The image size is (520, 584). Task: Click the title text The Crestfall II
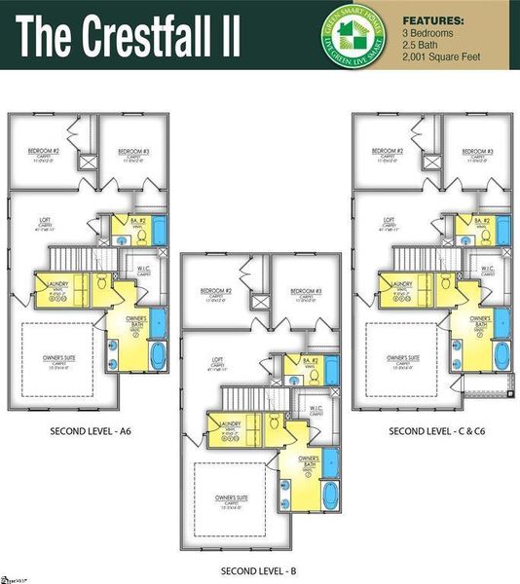click(x=129, y=35)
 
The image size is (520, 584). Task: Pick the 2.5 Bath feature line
click(x=421, y=44)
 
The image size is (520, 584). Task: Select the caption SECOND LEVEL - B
click(x=259, y=569)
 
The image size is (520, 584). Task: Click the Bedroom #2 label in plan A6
click(x=41, y=152)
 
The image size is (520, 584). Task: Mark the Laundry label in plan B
click(x=231, y=423)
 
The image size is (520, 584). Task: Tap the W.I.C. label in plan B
click(x=316, y=410)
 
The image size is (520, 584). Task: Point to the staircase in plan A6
click(x=70, y=258)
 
